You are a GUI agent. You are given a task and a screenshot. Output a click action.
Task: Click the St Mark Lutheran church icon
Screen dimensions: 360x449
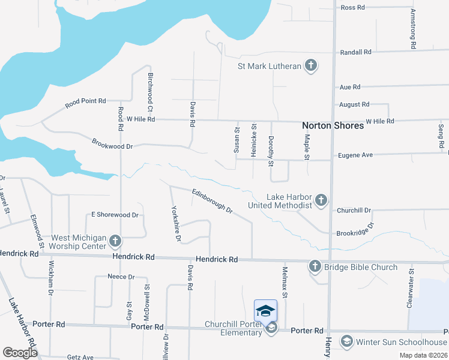310,65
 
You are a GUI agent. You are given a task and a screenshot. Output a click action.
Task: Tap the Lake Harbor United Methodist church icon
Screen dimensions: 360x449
321,200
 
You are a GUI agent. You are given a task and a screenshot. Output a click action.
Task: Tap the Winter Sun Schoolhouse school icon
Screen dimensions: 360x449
346,342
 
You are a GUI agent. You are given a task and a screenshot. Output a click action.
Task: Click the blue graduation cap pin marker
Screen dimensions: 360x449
265,311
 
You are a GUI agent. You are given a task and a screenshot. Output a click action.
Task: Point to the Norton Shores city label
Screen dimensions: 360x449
333,126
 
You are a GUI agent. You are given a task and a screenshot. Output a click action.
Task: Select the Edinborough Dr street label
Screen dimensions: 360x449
212,201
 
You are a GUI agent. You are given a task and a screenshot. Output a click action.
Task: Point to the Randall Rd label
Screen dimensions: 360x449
355,52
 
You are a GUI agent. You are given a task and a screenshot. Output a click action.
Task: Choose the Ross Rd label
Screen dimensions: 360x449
352,8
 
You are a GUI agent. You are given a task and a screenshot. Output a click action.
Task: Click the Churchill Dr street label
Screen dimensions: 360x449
354,211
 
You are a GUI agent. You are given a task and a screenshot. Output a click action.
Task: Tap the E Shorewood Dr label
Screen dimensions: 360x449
115,215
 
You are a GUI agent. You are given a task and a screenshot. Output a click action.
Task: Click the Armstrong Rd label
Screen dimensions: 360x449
413,28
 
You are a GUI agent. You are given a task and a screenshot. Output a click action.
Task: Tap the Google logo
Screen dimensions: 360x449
20,353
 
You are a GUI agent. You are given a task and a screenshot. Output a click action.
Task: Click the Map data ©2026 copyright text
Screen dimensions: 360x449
423,355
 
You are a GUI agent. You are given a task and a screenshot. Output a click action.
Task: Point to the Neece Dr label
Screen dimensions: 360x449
121,277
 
